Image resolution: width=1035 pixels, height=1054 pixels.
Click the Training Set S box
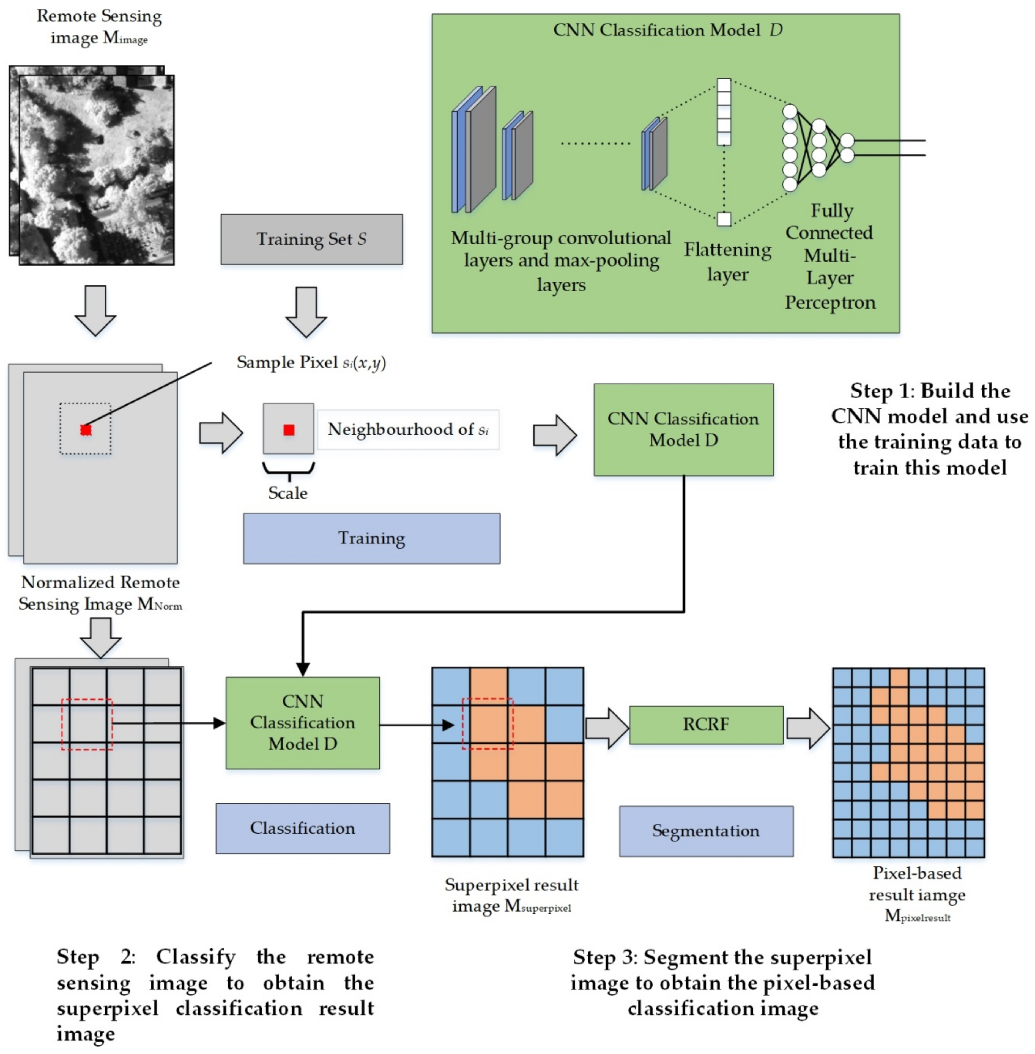(x=311, y=239)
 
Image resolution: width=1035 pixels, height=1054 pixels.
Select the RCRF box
(x=706, y=725)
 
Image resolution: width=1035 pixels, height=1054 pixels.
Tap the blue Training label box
(x=371, y=538)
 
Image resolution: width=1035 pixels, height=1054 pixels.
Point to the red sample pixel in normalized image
(x=85, y=430)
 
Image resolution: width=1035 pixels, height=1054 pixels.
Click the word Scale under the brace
(x=287, y=493)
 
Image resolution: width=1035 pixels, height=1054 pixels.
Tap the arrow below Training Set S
(x=306, y=312)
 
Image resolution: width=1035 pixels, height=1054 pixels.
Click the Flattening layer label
(x=727, y=261)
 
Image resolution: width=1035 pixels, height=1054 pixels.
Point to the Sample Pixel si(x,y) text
(x=311, y=362)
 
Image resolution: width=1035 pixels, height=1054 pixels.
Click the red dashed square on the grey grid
(x=87, y=724)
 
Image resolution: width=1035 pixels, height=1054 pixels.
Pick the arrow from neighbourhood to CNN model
(x=554, y=435)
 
